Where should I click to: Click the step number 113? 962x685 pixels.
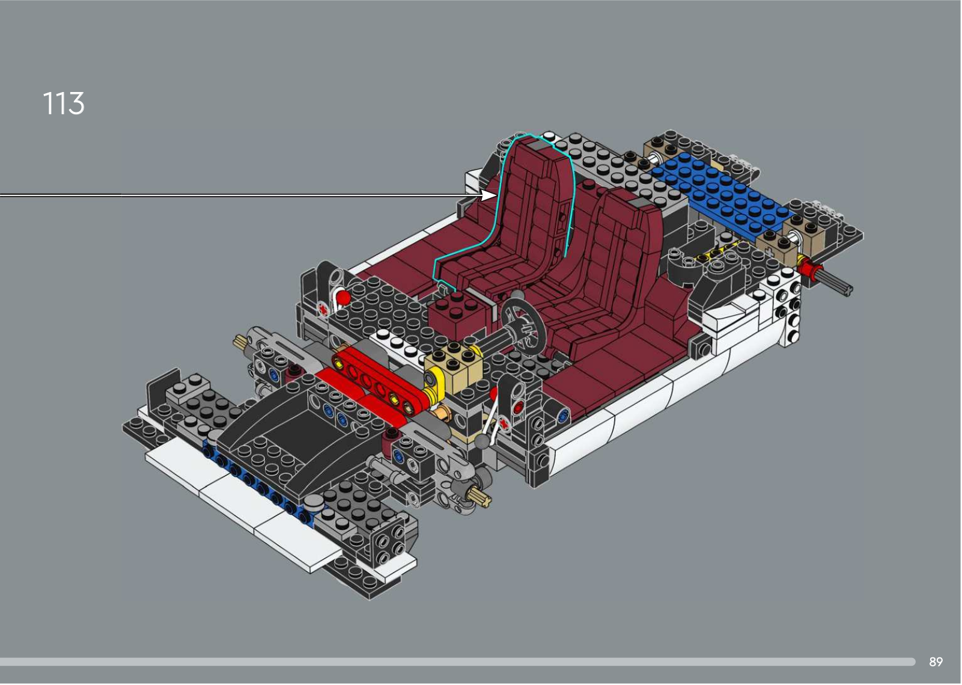[64, 103]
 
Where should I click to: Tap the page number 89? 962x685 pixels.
[936, 662]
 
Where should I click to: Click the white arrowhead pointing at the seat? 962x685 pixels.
[489, 195]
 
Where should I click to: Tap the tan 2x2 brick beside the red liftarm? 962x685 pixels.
[454, 364]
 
